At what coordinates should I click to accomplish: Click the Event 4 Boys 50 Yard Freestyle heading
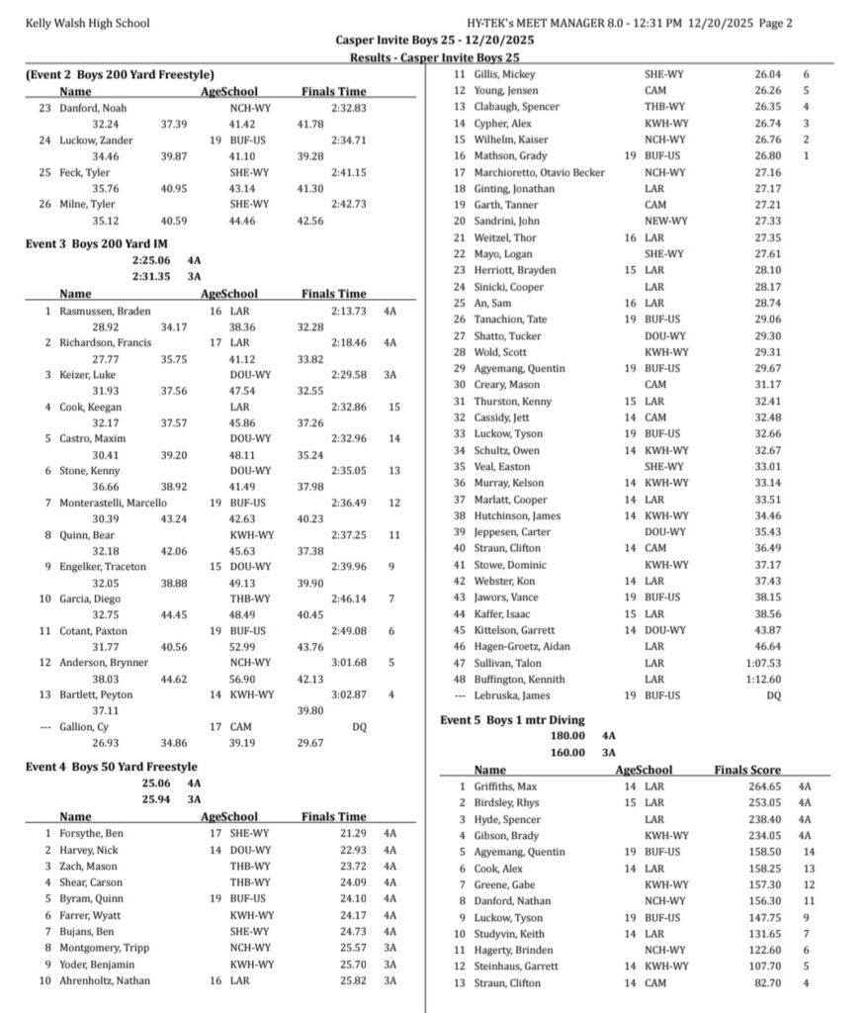(x=112, y=766)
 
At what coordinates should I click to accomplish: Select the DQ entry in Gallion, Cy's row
(x=360, y=726)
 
